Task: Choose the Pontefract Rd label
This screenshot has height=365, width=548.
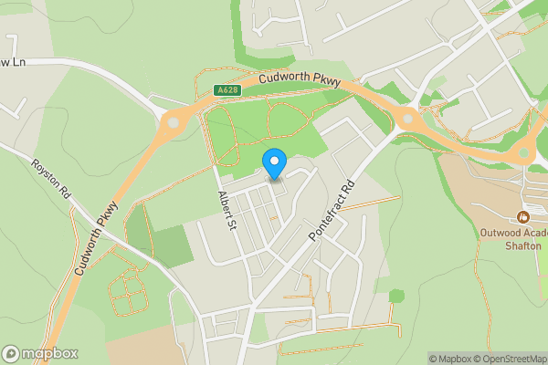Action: (x=331, y=209)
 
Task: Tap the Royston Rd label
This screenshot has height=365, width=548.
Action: (x=51, y=181)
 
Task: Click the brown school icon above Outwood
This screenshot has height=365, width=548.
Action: (x=522, y=216)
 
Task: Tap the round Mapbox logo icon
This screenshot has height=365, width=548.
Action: (x=12, y=354)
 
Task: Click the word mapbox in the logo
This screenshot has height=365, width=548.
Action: (x=50, y=354)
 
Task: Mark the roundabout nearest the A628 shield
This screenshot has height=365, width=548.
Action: (x=173, y=120)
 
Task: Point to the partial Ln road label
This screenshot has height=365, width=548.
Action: (x=11, y=62)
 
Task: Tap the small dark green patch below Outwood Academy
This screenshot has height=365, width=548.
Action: (x=395, y=296)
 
